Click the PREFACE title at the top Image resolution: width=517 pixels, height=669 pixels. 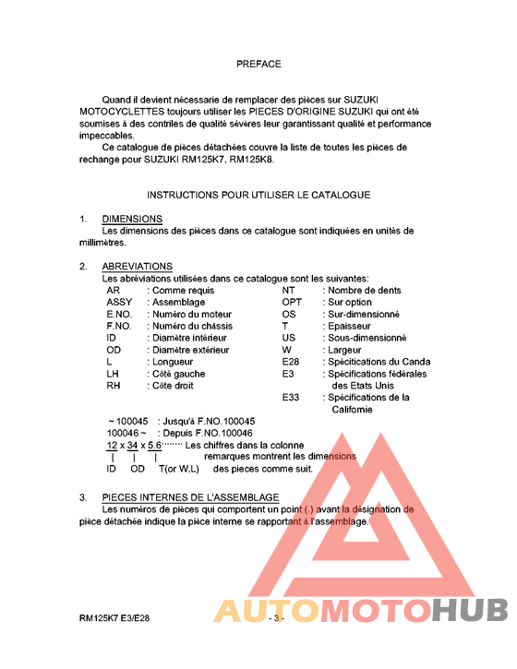[258, 65]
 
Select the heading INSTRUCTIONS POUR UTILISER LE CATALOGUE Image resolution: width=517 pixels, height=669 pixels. [258, 195]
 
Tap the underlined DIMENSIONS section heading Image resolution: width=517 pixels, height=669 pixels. [132, 220]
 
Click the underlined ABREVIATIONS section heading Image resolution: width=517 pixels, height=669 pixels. [138, 267]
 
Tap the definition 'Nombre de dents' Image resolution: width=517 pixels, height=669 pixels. [364, 290]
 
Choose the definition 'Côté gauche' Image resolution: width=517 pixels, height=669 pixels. [178, 374]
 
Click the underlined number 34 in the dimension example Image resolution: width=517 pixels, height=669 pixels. [135, 446]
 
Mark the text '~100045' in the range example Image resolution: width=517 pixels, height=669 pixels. [127, 422]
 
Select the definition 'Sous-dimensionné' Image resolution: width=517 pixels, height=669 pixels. [367, 338]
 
